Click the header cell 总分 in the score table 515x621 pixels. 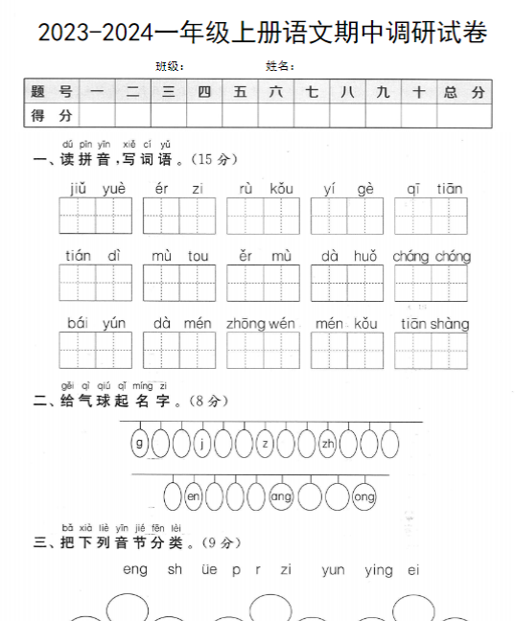[x=465, y=92]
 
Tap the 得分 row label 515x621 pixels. [x=52, y=115]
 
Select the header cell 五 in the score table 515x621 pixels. [x=240, y=92]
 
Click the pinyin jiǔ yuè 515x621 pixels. [x=97, y=188]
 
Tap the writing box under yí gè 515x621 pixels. [x=347, y=216]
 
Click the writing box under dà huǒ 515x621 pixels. [x=347, y=284]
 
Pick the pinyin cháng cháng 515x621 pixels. [x=432, y=256]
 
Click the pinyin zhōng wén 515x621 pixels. [x=262, y=324]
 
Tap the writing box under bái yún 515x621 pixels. [x=96, y=351]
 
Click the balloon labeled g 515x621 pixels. [x=140, y=443]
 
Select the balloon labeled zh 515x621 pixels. [x=328, y=443]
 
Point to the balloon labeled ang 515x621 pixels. [x=281, y=496]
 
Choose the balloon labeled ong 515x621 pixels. [x=364, y=496]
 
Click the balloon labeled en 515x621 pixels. [x=194, y=496]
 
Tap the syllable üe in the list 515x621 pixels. [x=209, y=569]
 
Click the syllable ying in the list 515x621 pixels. [x=379, y=569]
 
